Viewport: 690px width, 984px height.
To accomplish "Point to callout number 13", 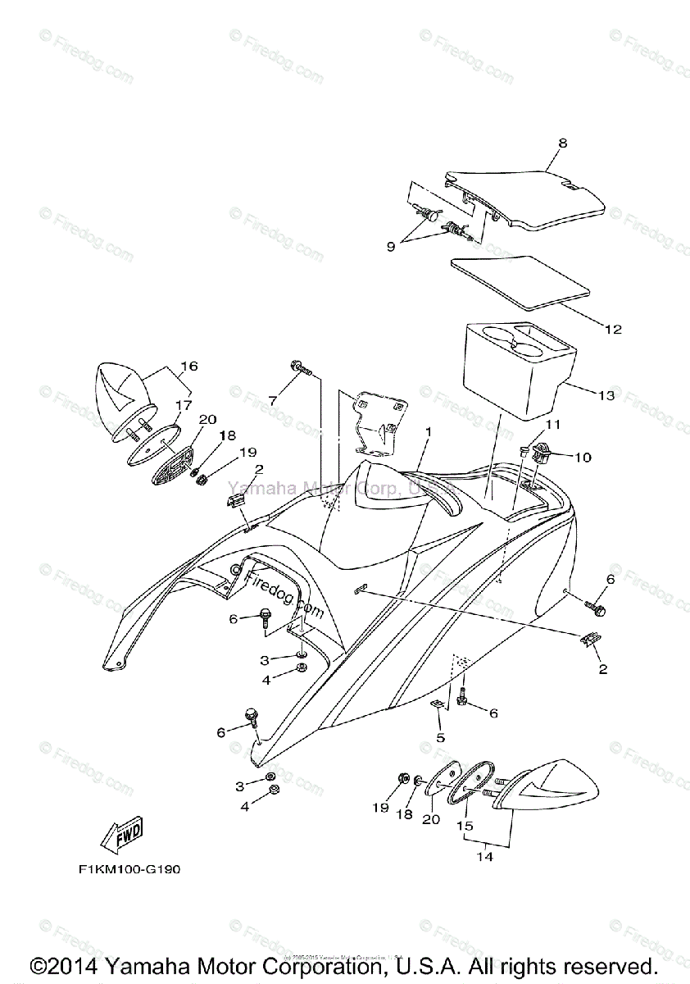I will coord(606,396).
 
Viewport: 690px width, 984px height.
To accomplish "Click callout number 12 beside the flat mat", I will coord(612,330).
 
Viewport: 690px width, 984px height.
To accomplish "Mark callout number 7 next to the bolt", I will coord(274,399).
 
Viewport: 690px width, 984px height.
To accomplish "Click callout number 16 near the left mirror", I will coord(189,366).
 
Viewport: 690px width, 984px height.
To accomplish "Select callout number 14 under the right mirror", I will coord(487,858).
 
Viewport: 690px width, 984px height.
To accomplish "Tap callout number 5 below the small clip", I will coord(440,738).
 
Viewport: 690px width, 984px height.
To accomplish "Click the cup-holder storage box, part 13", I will coord(512,373).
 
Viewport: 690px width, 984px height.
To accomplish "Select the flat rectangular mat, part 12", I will coord(520,282).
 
